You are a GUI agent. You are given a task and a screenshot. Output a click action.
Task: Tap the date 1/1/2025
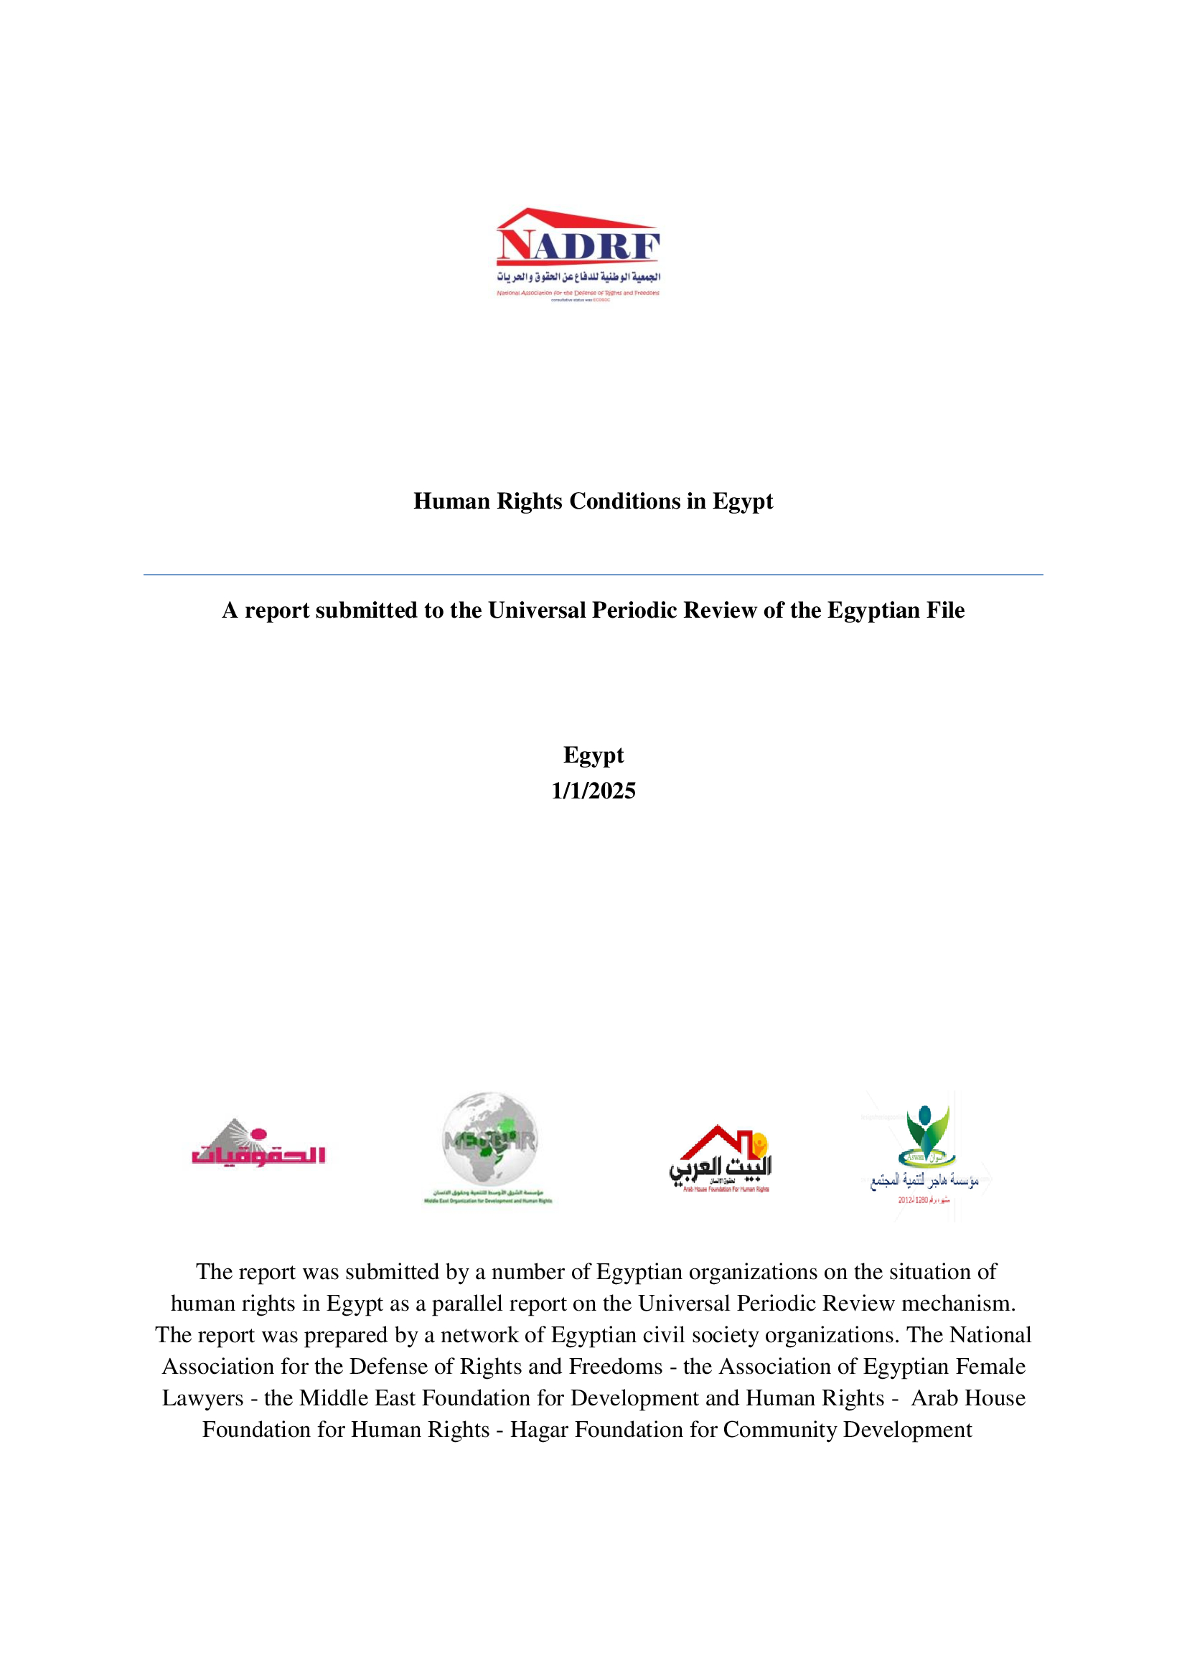[x=593, y=791]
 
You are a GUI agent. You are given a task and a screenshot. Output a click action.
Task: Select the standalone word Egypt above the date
[x=593, y=755]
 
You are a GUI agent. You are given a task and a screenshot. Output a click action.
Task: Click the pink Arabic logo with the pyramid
[x=258, y=1144]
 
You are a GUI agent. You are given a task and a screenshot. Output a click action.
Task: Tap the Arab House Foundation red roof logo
[x=721, y=1159]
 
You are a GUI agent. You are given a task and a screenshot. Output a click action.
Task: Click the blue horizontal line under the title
[x=593, y=575]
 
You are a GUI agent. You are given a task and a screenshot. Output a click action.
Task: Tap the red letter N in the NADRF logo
[x=513, y=245]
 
